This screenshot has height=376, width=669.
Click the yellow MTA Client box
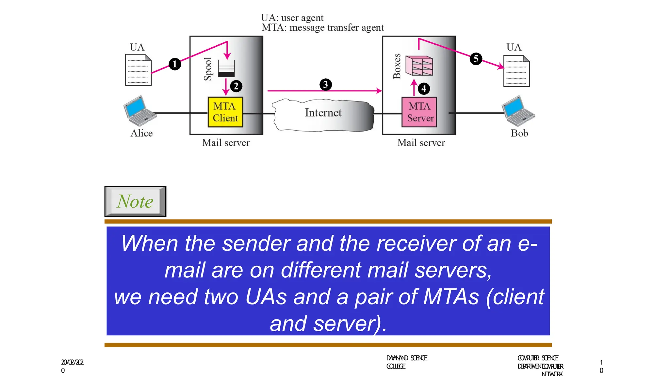click(225, 112)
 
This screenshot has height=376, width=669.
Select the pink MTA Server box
click(419, 112)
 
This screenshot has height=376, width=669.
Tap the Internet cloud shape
click(323, 115)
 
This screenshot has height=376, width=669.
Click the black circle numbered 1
click(175, 64)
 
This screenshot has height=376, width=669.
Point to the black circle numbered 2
click(236, 86)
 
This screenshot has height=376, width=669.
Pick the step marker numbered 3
click(325, 85)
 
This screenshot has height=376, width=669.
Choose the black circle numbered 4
click(424, 88)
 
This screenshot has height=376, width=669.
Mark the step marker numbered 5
click(476, 59)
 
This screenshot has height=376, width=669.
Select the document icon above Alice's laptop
click(138, 70)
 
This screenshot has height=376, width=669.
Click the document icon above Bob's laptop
click(516, 71)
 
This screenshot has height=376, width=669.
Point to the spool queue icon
click(226, 69)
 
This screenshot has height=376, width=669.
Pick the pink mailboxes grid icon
click(419, 65)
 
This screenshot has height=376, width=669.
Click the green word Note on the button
click(135, 201)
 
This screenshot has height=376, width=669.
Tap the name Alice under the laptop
click(141, 133)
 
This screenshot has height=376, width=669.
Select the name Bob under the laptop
click(519, 133)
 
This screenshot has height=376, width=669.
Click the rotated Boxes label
click(397, 66)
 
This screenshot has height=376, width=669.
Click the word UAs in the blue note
click(266, 297)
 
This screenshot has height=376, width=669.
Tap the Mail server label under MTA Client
click(226, 143)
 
